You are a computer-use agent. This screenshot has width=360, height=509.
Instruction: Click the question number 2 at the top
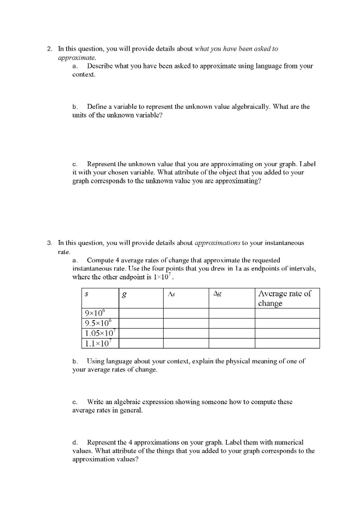(49, 49)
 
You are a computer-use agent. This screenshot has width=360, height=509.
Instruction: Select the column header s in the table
(87, 294)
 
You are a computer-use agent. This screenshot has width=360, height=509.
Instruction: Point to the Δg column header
(217, 294)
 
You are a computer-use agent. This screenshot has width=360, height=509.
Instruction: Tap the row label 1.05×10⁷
(99, 334)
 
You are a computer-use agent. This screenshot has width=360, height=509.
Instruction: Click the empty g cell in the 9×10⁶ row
(141, 314)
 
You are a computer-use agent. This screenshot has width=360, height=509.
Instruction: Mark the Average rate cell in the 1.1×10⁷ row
(286, 343)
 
